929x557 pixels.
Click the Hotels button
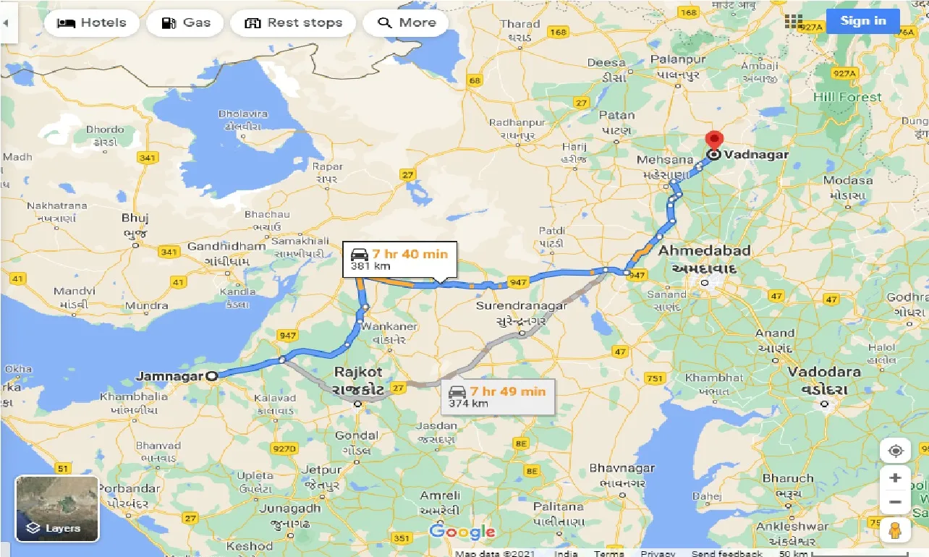[90, 22]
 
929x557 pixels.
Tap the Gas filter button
[187, 22]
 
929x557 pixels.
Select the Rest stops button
[293, 22]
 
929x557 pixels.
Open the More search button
[406, 22]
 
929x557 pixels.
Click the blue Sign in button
[863, 21]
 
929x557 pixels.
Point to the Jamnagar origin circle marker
[211, 376]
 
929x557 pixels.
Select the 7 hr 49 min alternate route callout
[499, 396]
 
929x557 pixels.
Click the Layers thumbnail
[57, 509]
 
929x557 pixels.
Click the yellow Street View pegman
[895, 530]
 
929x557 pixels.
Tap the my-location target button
[895, 451]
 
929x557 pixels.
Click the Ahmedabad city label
[704, 251]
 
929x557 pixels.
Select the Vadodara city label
[824, 372]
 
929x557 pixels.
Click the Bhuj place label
[135, 218]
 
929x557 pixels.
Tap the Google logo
[462, 532]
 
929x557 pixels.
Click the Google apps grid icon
[794, 22]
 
